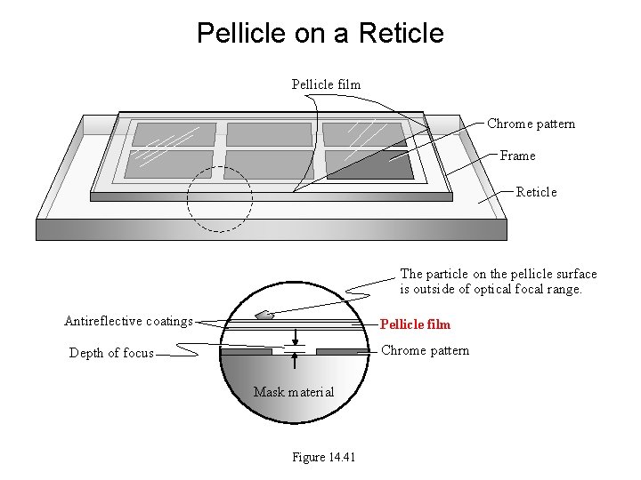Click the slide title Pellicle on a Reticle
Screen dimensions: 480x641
pyautogui.click(x=320, y=34)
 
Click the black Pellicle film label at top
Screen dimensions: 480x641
pyautogui.click(x=326, y=84)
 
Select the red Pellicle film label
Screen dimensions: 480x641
pyautogui.click(x=415, y=324)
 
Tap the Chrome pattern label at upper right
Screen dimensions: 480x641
pyautogui.click(x=531, y=124)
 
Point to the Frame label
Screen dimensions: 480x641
pyautogui.click(x=517, y=156)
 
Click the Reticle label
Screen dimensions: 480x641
pyautogui.click(x=536, y=192)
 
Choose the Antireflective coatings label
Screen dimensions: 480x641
pyautogui.click(x=128, y=321)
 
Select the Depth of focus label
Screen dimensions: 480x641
pyautogui.click(x=111, y=353)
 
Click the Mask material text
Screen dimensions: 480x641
pyautogui.click(x=294, y=392)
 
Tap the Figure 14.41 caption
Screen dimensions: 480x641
pyautogui.click(x=323, y=458)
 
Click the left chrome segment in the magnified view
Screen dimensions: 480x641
pyautogui.click(x=247, y=352)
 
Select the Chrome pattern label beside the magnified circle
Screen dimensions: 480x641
pyautogui.click(x=425, y=350)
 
